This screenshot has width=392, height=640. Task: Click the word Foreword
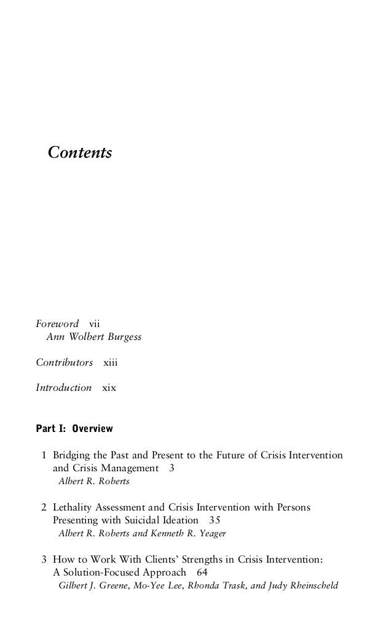(57, 323)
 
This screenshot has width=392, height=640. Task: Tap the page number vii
(95, 323)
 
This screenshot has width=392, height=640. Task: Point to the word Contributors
(64, 363)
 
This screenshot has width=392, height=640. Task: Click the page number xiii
(110, 363)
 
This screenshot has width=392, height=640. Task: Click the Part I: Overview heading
(74, 428)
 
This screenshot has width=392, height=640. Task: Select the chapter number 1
(44, 456)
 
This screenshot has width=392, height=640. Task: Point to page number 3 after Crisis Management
(172, 469)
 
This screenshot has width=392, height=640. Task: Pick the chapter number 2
(44, 507)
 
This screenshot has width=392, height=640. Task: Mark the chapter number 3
(44, 559)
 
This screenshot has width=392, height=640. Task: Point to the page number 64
(202, 572)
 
